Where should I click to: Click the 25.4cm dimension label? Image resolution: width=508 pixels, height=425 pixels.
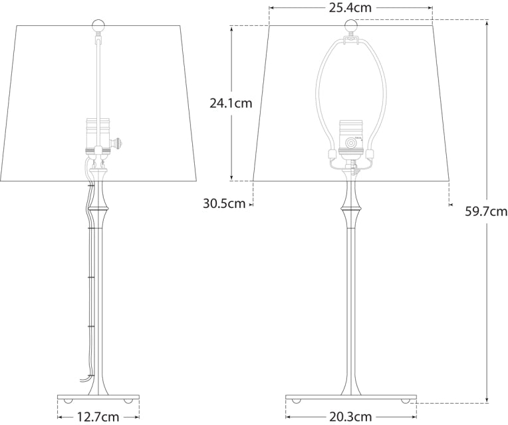pos(350,8)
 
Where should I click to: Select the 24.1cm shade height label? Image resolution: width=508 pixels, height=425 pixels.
pos(231,103)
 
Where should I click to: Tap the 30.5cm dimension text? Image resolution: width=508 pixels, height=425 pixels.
pos(224,204)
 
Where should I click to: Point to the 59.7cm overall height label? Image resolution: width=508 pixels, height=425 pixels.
pos(485,212)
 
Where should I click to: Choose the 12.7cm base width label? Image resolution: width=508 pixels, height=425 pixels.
pos(98,417)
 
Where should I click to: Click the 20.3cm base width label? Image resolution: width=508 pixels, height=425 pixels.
pos(350,417)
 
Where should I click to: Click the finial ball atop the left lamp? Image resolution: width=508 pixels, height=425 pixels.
pos(98,27)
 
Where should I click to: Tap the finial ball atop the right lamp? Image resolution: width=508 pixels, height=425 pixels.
pos(350,27)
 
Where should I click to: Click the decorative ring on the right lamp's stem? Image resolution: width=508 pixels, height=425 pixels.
pos(350,208)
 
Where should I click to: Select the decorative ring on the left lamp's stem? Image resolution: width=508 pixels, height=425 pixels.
pos(97,208)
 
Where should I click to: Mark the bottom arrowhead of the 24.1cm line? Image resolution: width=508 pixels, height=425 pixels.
pos(231,177)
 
